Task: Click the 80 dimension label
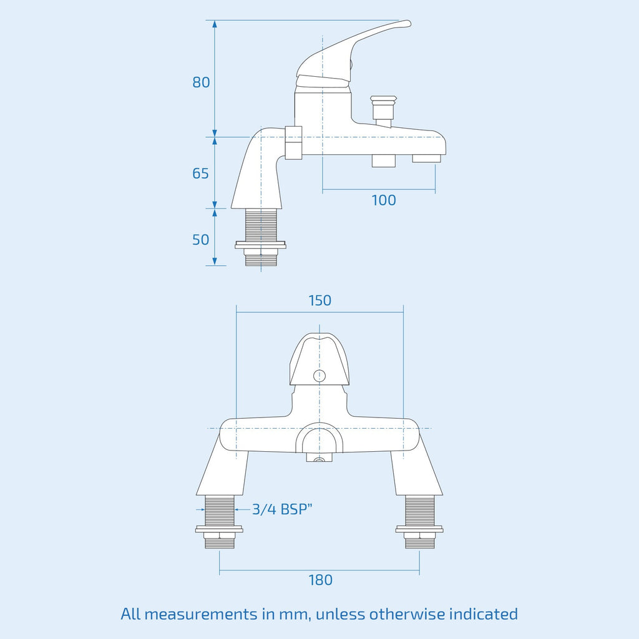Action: pyautogui.click(x=201, y=82)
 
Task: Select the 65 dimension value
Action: pyautogui.click(x=200, y=173)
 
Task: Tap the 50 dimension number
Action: pyautogui.click(x=200, y=240)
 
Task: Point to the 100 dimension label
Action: pyautogui.click(x=384, y=200)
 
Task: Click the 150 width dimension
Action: pyautogui.click(x=320, y=300)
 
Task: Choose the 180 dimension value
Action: pyautogui.click(x=320, y=580)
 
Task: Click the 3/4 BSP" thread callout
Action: pyautogui.click(x=282, y=509)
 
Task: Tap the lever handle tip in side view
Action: pyautogui.click(x=407, y=23)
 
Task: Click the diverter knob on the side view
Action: pyautogui.click(x=384, y=108)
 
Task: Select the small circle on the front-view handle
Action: pyautogui.click(x=319, y=376)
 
